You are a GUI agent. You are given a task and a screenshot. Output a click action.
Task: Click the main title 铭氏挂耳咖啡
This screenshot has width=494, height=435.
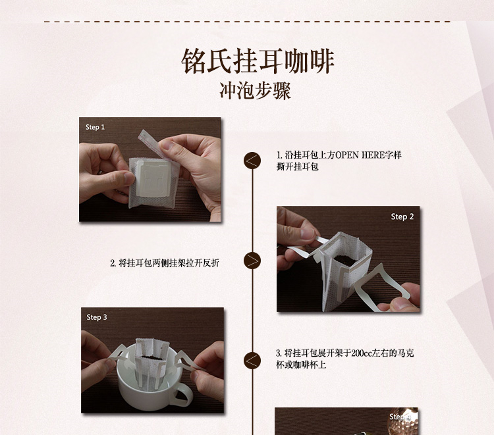tap(258, 61)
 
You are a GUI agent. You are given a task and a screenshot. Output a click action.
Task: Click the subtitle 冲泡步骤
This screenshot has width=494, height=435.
tap(255, 91)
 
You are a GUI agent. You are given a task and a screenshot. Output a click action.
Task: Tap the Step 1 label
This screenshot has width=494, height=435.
tap(95, 127)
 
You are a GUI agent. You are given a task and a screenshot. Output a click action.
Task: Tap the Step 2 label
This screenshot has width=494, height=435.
tap(402, 217)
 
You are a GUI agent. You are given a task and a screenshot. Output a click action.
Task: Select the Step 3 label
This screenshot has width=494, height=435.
tap(97, 317)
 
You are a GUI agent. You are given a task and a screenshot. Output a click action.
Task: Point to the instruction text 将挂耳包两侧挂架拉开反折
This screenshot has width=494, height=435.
tap(169, 263)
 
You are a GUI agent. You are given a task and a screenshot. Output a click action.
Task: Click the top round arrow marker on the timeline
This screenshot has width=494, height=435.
tap(252, 161)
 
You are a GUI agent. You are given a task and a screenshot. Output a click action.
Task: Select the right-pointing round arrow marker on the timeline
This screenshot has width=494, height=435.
tap(252, 261)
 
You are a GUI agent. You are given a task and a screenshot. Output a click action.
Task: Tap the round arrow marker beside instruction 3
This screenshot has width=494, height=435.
tap(252, 361)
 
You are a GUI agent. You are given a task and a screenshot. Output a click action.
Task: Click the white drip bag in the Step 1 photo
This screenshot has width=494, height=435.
tap(153, 182)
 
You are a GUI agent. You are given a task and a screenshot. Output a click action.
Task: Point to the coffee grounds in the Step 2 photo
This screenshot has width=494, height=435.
tap(346, 260)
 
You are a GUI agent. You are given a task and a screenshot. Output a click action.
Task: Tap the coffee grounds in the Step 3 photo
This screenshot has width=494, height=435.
tap(151, 358)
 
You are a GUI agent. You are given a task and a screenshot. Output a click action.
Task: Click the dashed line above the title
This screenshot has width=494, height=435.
tap(247, 22)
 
